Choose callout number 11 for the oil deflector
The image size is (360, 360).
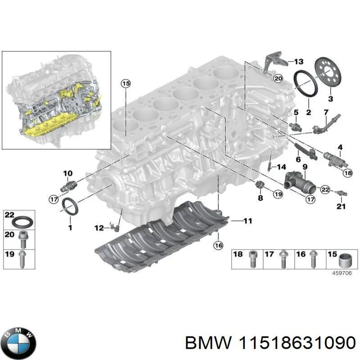pos(248,221)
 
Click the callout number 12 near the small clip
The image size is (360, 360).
pos(99,229)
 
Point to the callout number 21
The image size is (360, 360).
pos(341,207)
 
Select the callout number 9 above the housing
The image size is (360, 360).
pos(305,167)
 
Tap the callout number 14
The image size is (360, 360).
pos(281,167)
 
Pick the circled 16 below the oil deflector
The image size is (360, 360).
pos(218,245)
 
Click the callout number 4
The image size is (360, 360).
pos(340,147)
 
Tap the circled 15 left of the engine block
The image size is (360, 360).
pos(125,83)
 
